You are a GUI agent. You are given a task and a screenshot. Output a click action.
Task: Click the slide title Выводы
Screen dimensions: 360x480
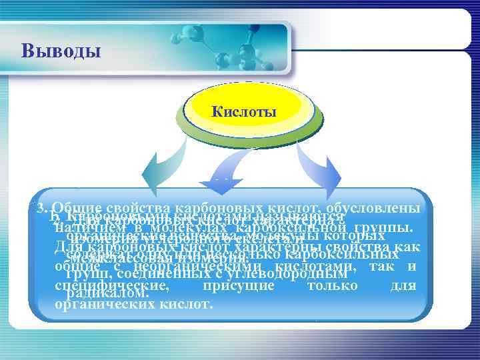(x=61, y=51)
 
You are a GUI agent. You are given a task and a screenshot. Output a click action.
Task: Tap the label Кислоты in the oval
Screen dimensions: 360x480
(x=244, y=111)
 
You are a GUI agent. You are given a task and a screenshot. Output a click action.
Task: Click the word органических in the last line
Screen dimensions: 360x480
(x=97, y=304)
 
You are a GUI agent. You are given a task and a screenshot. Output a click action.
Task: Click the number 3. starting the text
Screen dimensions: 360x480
(x=44, y=208)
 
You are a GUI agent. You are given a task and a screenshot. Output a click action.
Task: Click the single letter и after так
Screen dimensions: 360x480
(x=411, y=266)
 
